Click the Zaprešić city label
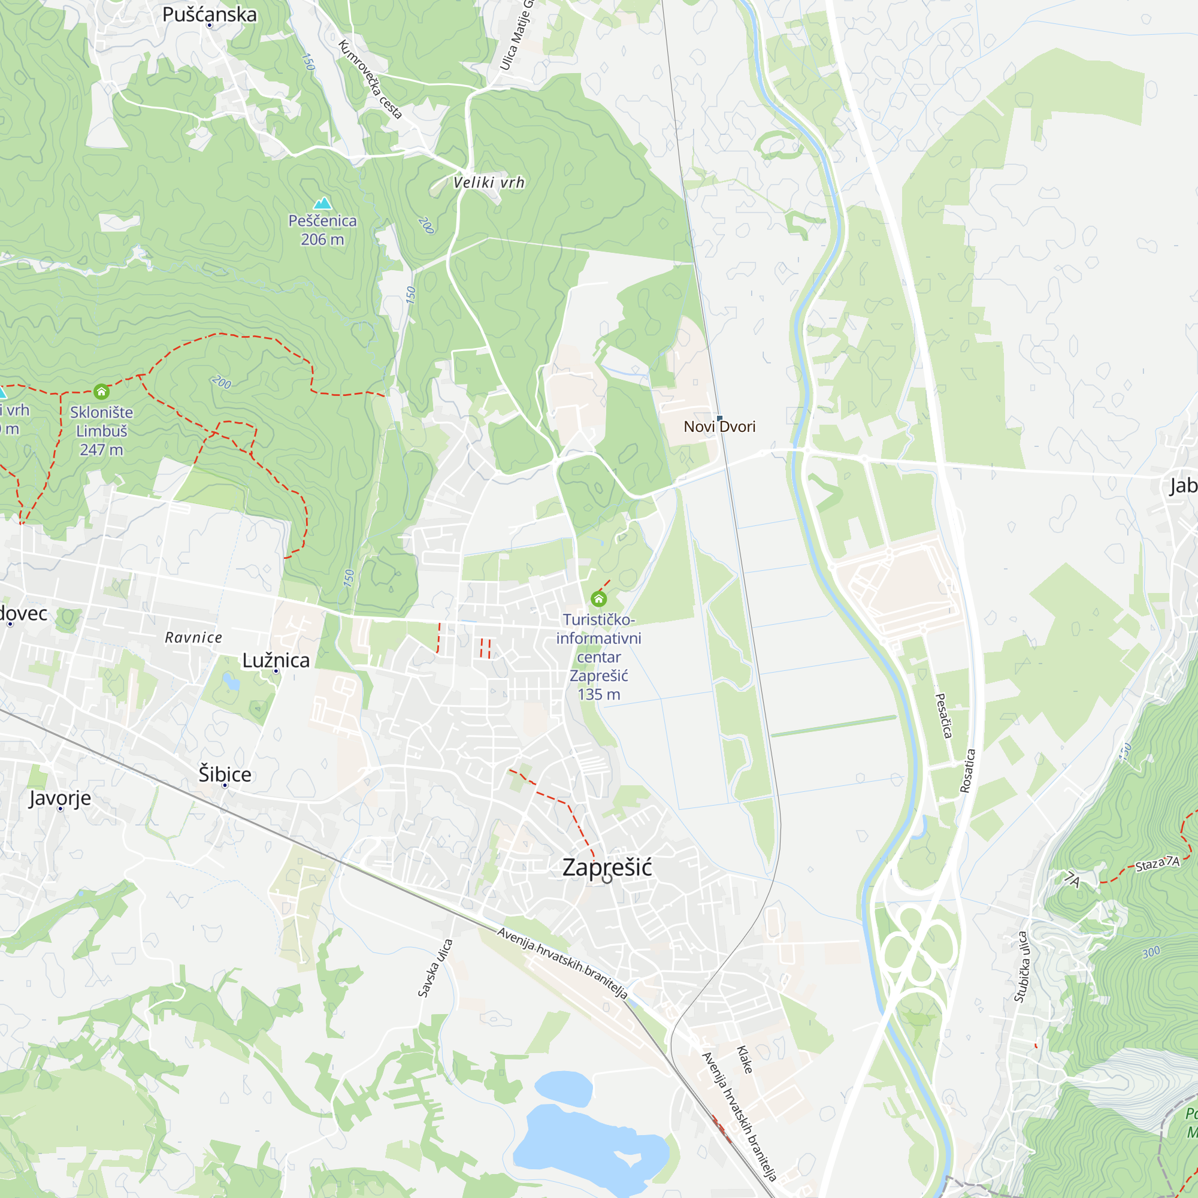[x=606, y=867]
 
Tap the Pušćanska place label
[x=210, y=14]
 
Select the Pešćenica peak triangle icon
[x=322, y=204]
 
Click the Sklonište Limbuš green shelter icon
[x=102, y=391]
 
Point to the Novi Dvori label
[x=719, y=426]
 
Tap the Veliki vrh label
[x=489, y=183]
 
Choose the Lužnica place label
[x=276, y=660]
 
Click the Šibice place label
[x=225, y=775]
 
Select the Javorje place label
[x=60, y=798]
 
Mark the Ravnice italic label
[x=193, y=637]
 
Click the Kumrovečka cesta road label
[x=371, y=78]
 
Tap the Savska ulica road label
[x=435, y=969]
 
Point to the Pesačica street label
[x=943, y=716]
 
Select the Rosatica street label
[x=968, y=771]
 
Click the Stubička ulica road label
[x=1021, y=967]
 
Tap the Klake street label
[x=745, y=1060]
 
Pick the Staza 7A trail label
[x=1157, y=864]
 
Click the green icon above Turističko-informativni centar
[x=598, y=598]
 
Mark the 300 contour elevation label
[x=1151, y=952]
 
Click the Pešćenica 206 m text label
[x=322, y=230]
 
